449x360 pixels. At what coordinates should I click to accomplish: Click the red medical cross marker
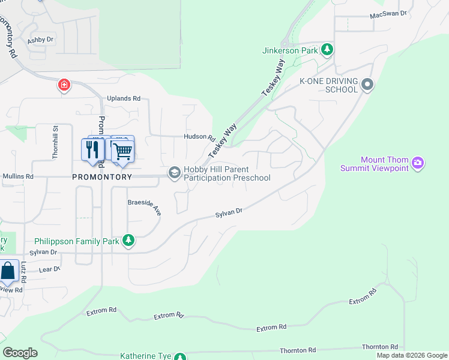64,86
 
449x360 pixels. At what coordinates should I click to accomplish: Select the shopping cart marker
122,149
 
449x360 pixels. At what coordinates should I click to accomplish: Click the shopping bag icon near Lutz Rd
8,271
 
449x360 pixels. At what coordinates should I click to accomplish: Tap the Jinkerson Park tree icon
327,50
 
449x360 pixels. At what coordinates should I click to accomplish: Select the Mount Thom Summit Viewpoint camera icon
418,163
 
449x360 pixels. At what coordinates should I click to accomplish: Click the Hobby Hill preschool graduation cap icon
175,173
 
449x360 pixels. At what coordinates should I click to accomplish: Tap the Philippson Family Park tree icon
128,241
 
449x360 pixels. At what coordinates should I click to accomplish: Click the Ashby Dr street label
41,40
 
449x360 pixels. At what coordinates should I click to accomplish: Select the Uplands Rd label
123,98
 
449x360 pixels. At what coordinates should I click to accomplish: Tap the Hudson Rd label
199,137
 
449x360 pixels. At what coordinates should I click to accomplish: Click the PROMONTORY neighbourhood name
101,178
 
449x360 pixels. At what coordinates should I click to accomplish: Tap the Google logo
20,353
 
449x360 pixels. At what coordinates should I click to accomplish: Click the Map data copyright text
411,355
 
